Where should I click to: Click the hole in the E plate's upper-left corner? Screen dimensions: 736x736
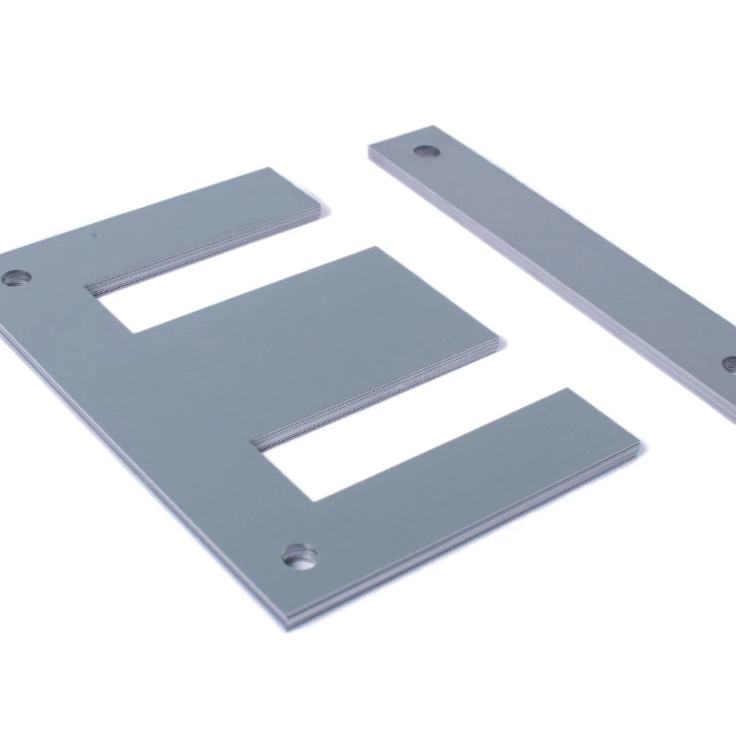(x=17, y=278)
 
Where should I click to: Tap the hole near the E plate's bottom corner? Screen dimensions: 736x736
(x=300, y=557)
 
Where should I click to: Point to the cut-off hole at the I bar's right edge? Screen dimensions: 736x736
(x=730, y=365)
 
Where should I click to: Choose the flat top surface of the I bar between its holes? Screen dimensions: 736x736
(x=578, y=252)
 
